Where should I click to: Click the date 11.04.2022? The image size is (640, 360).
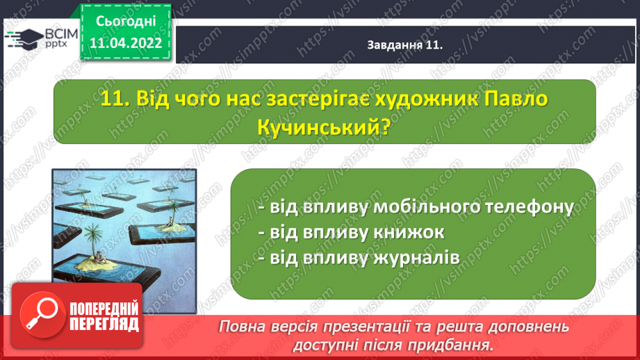pyautogui.click(x=126, y=43)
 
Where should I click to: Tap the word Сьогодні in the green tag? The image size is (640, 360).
pyautogui.click(x=126, y=22)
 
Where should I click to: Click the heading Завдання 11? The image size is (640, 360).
pyautogui.click(x=405, y=45)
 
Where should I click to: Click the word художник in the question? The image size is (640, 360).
pyautogui.click(x=426, y=99)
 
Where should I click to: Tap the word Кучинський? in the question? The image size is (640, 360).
pyautogui.click(x=325, y=128)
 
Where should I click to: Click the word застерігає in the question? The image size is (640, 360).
pyautogui.click(x=317, y=99)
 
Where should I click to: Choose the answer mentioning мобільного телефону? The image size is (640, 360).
pyautogui.click(x=416, y=207)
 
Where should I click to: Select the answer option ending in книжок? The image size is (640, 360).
pyautogui.click(x=351, y=232)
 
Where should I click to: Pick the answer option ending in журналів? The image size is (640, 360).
pyautogui.click(x=359, y=258)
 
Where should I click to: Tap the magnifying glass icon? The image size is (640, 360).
pyautogui.click(x=42, y=315)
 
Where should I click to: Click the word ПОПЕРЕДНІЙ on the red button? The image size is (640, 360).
pyautogui.click(x=104, y=309)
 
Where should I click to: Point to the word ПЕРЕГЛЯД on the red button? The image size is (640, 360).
pyautogui.click(x=104, y=325)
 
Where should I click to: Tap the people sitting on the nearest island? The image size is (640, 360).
pyautogui.click(x=99, y=258)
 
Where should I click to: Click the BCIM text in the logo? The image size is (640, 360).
pyautogui.click(x=61, y=34)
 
